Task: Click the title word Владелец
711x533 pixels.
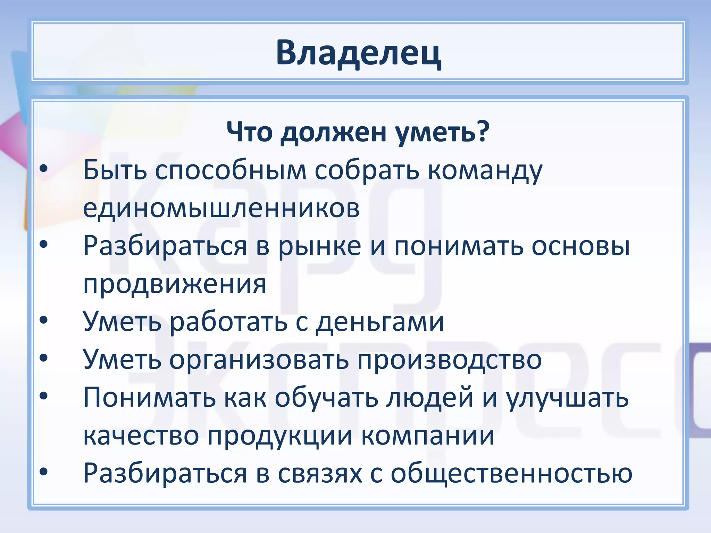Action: point(358,53)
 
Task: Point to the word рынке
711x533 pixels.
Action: point(320,246)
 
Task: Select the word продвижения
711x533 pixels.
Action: point(175,285)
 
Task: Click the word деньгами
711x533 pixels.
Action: point(380,322)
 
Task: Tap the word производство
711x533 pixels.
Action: point(450,360)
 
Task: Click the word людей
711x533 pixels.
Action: point(430,398)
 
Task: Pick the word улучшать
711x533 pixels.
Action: point(567,398)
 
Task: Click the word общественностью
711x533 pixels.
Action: point(511,473)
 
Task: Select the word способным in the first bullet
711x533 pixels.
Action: point(231,171)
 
